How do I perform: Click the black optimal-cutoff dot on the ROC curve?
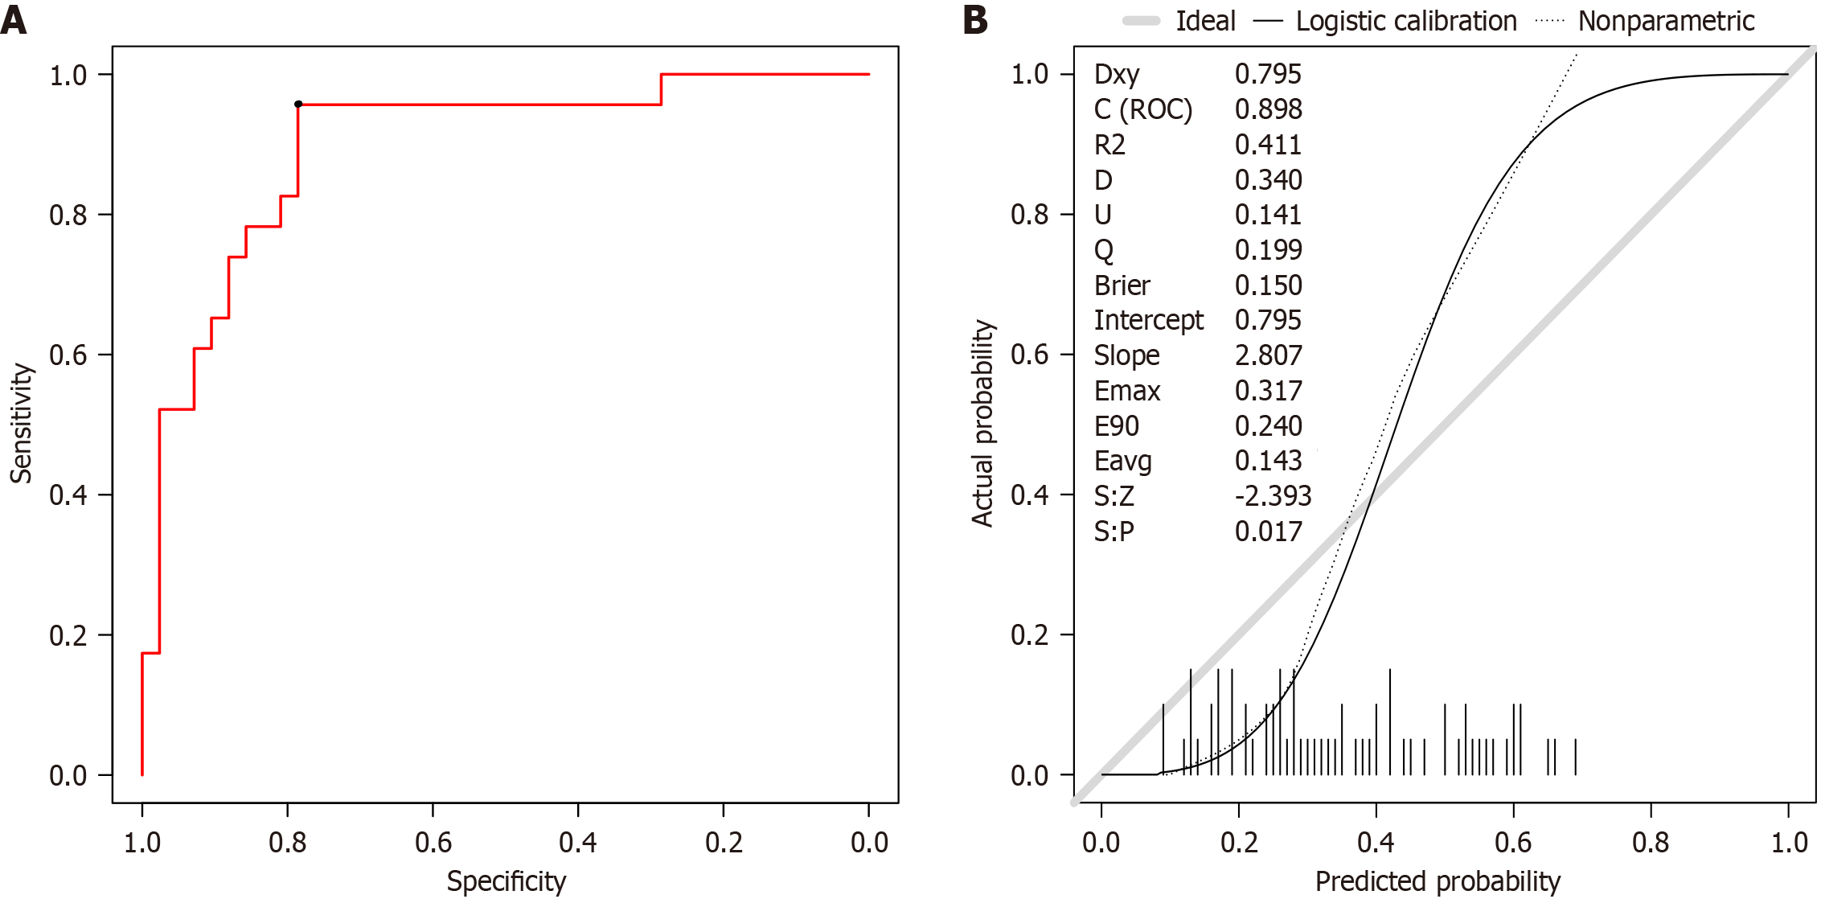[298, 104]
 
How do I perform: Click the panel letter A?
[14, 19]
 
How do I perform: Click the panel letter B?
[974, 19]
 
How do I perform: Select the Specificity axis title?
[506, 881]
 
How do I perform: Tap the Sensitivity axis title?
[21, 423]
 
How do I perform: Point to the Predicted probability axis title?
[1438, 881]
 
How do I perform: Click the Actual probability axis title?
[982, 423]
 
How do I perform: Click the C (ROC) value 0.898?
[1268, 109]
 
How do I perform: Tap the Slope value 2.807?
[1268, 355]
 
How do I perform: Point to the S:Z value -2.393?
[1273, 496]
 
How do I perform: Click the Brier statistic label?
[1122, 285]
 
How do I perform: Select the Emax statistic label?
[1126, 391]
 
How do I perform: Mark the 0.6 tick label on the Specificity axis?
[433, 843]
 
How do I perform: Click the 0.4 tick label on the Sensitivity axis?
[68, 495]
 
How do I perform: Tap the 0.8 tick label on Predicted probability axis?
[1651, 843]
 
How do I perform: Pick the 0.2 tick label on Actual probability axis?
[1029, 635]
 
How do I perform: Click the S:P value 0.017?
[1268, 532]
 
